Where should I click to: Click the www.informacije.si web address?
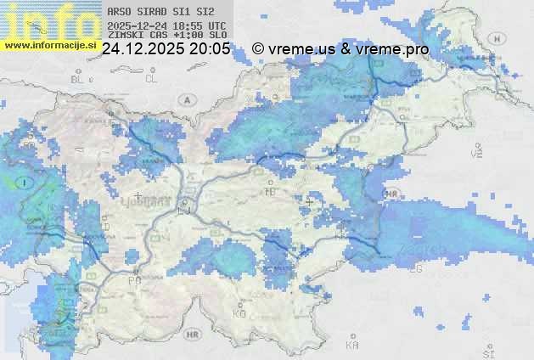pos(50,44)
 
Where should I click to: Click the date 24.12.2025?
pos(140,49)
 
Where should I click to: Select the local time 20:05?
pos(210,49)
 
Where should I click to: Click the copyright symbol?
pos(258,49)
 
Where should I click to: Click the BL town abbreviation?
pos(78,79)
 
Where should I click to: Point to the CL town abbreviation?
pos(151,78)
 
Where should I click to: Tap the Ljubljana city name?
pos(154,204)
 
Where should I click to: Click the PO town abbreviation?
pos(133,280)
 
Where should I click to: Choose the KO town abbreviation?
pos(239,313)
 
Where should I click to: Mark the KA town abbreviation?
pos(352,346)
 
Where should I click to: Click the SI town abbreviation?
pos(487,352)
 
